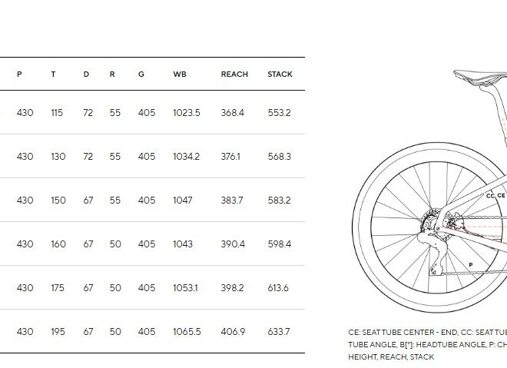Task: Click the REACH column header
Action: click(234, 74)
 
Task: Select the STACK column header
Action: click(280, 74)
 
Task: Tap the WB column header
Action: click(180, 74)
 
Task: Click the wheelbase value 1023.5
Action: click(187, 113)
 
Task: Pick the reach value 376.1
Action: click(230, 157)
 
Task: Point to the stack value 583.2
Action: click(280, 201)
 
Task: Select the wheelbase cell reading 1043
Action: click(183, 244)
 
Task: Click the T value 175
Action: click(58, 288)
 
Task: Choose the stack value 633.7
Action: click(279, 331)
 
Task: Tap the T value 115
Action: click(57, 113)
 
